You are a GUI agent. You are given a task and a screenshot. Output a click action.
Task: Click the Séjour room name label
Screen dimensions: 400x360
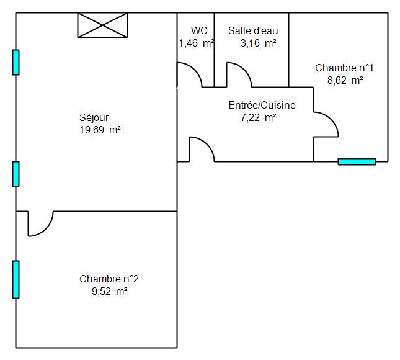94,118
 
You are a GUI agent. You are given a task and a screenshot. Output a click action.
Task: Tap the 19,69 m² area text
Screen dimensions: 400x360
100,130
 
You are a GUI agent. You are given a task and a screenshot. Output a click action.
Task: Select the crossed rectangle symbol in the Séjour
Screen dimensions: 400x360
102,25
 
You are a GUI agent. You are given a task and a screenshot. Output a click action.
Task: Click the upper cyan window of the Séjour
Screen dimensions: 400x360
16,63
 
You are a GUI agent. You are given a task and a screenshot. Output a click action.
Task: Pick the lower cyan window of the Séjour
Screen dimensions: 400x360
16,174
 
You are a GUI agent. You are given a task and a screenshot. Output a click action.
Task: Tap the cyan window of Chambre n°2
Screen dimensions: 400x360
16,279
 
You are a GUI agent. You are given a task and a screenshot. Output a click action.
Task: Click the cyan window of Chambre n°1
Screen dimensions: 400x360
357,161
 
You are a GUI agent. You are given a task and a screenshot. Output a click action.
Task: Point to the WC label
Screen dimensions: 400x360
199,30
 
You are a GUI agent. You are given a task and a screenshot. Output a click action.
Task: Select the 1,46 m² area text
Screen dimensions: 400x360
196,43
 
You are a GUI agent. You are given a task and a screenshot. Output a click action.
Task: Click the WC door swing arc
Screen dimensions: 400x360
195,70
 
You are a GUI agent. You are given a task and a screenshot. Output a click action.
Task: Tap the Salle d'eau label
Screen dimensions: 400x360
253,30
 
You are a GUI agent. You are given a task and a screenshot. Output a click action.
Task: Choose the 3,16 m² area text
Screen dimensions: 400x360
259,43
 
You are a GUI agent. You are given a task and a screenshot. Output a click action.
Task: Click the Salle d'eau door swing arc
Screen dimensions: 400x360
244,70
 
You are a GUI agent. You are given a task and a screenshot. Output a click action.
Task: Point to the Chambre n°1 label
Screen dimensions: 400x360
344,68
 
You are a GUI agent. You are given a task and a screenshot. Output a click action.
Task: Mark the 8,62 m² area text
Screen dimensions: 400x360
345,81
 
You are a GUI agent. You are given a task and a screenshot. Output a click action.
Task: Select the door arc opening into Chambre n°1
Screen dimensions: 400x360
331,120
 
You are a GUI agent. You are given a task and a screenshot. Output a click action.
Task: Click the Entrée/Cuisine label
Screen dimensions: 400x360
262,105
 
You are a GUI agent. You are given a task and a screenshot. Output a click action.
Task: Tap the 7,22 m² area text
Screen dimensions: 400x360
259,118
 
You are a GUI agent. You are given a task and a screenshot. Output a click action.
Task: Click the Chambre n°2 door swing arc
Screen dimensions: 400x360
46,229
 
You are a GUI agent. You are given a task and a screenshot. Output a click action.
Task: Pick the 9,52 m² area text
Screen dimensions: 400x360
110,291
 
